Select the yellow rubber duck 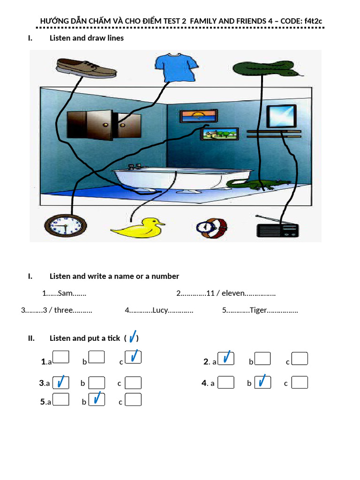point(138,228)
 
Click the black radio point(277,230)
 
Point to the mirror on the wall point(281,116)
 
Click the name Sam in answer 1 point(65,293)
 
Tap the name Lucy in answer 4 point(160,310)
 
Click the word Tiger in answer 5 point(258,310)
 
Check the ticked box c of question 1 point(133,358)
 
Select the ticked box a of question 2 point(226,358)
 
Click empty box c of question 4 point(300,382)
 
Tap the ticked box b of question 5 point(97,399)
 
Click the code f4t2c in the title point(311,21)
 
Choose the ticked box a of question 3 point(61,382)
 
